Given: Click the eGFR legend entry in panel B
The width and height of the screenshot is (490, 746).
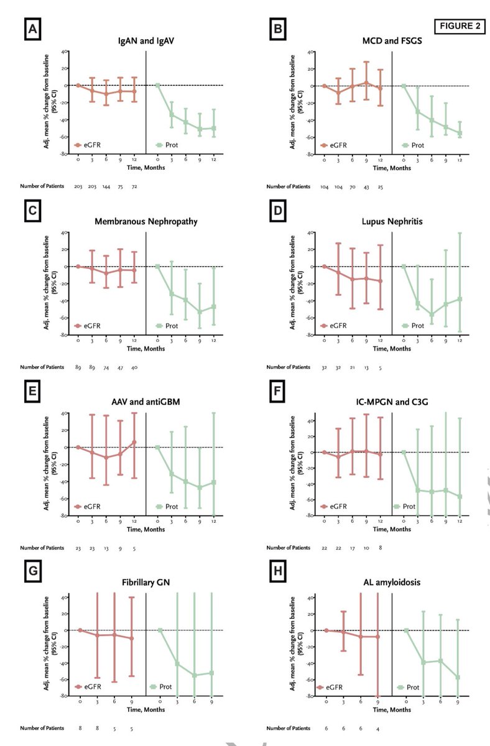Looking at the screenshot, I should [335, 145].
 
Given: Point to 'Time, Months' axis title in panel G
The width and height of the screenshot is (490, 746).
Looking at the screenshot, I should [145, 708].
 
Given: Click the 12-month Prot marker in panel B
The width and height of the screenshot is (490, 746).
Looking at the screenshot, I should [460, 133].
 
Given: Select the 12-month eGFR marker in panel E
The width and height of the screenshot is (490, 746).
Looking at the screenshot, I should [134, 442].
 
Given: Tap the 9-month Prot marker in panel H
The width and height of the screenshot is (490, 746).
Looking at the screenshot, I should [458, 677].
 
